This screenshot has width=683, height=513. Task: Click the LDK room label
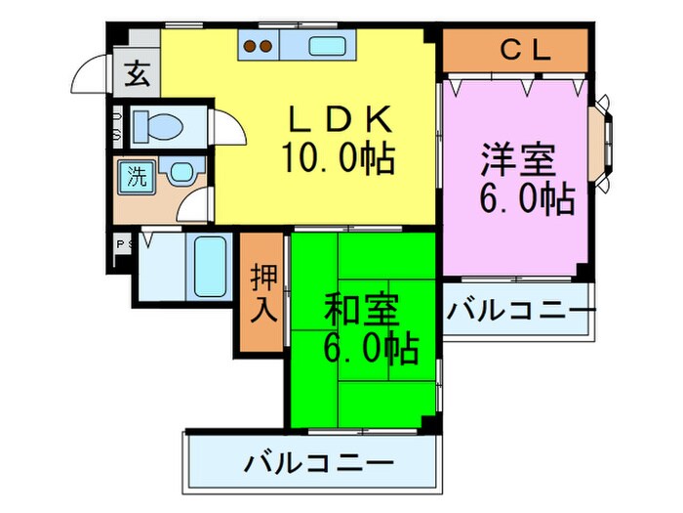[x=339, y=120]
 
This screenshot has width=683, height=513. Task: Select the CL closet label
[x=514, y=49]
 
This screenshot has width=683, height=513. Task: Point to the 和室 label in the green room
[x=361, y=311]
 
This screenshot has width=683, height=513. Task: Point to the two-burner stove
[x=258, y=44]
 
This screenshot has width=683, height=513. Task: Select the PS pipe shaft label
[x=124, y=244]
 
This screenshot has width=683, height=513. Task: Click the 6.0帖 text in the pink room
[x=525, y=199]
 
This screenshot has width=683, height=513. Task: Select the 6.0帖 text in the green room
[x=370, y=349]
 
